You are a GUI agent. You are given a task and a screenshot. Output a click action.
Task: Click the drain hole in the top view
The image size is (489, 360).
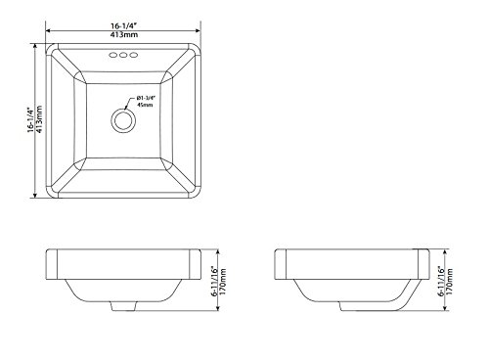(123, 120)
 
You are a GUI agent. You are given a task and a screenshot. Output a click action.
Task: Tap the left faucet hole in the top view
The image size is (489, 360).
(112, 55)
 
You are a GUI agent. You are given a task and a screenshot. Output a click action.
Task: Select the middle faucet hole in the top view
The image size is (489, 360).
(123, 55)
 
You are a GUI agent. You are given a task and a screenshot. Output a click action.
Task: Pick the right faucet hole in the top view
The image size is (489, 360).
(133, 55)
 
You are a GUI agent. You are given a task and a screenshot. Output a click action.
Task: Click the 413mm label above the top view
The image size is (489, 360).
(123, 34)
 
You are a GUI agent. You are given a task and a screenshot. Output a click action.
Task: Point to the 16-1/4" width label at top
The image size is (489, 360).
(123, 26)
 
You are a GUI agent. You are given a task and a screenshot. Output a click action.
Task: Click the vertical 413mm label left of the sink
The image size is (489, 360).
(39, 119)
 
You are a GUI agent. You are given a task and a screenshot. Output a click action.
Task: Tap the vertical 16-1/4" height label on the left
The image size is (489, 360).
(30, 119)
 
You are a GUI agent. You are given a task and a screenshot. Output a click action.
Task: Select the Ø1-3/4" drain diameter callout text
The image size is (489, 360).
(147, 98)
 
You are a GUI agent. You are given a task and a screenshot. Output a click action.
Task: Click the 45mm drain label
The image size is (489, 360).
(145, 105)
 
